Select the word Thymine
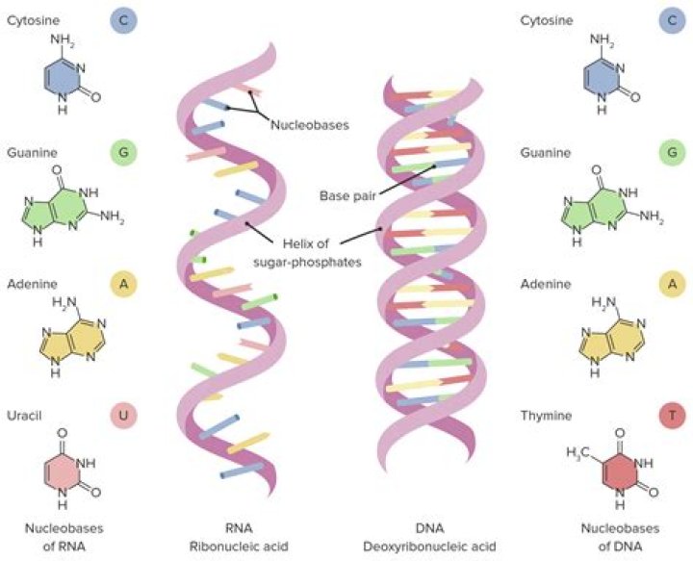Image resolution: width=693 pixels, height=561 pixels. (545, 416)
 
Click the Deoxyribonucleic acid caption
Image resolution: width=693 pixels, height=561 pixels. (428, 546)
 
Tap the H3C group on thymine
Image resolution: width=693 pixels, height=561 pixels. (577, 451)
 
